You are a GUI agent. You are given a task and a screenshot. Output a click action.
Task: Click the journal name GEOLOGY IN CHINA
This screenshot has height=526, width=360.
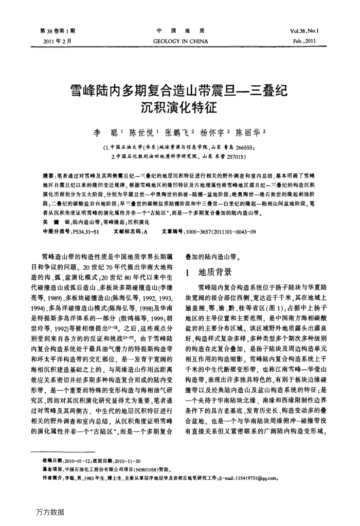(180, 41)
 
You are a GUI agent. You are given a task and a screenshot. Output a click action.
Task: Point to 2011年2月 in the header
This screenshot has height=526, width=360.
(57, 41)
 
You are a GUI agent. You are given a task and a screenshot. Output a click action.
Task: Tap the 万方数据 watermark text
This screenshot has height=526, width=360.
(50, 512)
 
